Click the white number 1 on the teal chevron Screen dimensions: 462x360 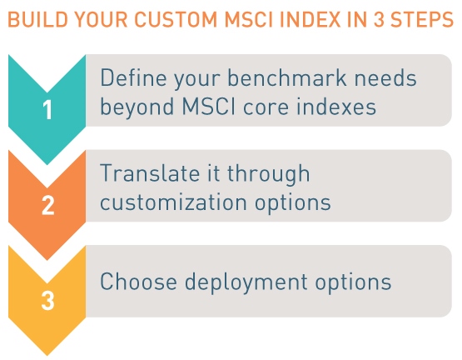point(47,109)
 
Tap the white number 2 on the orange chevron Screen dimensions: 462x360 point(48,205)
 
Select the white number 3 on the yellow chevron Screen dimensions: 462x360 point(47,301)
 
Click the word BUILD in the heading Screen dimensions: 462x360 point(37,19)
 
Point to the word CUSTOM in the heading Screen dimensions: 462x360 point(176,19)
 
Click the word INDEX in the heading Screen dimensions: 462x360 point(310,19)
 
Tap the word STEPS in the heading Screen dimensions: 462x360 point(422,19)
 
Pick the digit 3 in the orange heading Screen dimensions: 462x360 point(379,19)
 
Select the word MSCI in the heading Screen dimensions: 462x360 point(248,19)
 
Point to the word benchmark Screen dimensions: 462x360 point(287,77)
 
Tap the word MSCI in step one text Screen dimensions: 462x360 point(209,106)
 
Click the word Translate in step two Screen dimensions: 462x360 point(150,173)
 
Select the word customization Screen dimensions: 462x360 point(173,202)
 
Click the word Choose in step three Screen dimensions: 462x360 point(138,281)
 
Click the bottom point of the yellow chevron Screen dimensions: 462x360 point(47,356)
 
